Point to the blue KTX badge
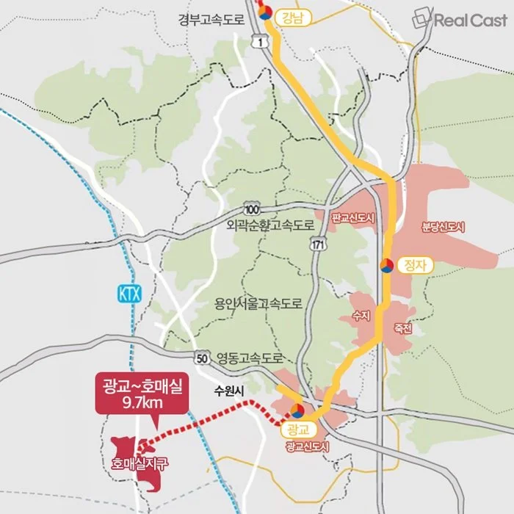pyautogui.click(x=128, y=294)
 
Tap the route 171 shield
pyautogui.click(x=317, y=243)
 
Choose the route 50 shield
pyautogui.click(x=203, y=358)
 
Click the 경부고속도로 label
pyautogui.click(x=210, y=20)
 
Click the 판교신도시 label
pyautogui.click(x=353, y=219)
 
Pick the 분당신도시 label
pyautogui.click(x=444, y=227)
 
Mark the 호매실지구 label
pyautogui.click(x=140, y=463)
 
